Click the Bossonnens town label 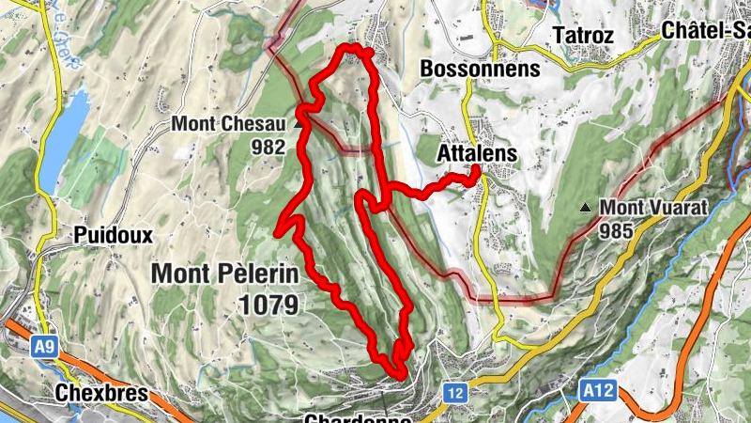(x=481, y=69)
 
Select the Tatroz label (x=583, y=34)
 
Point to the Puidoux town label (x=116, y=234)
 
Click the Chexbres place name (x=101, y=392)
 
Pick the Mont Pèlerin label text (x=224, y=274)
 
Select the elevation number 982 (x=267, y=146)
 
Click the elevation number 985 (x=619, y=229)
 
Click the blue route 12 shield (x=456, y=391)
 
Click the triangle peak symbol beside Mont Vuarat (x=586, y=207)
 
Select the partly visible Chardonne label (x=359, y=417)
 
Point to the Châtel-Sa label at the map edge (x=705, y=30)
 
